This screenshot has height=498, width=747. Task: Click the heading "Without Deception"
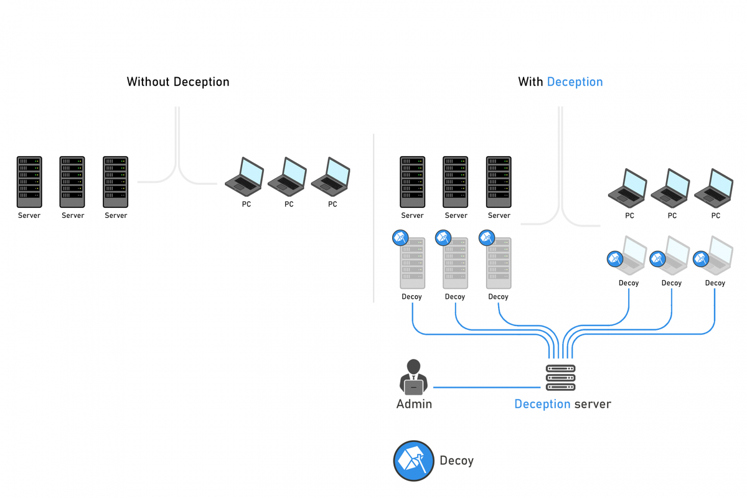tap(178, 82)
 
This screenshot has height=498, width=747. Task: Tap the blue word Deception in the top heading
tap(575, 82)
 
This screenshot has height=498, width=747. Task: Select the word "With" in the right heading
tap(530, 82)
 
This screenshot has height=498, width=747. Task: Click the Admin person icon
tap(413, 377)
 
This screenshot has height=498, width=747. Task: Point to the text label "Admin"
tap(414, 404)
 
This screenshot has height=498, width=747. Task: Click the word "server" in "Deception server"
tap(593, 404)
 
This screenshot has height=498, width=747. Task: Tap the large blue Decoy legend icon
tap(413, 461)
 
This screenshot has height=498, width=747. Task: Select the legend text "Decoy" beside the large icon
tap(456, 461)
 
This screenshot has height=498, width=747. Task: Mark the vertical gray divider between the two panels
tap(374, 218)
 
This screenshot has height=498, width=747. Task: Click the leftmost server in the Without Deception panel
tap(29, 182)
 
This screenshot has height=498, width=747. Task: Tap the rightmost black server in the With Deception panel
tap(499, 182)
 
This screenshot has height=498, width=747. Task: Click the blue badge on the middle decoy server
tap(443, 237)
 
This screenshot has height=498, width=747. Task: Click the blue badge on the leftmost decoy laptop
tap(615, 258)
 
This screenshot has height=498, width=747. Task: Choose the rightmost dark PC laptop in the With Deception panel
tap(714, 187)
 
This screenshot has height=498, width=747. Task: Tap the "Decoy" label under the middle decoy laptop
tap(672, 283)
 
